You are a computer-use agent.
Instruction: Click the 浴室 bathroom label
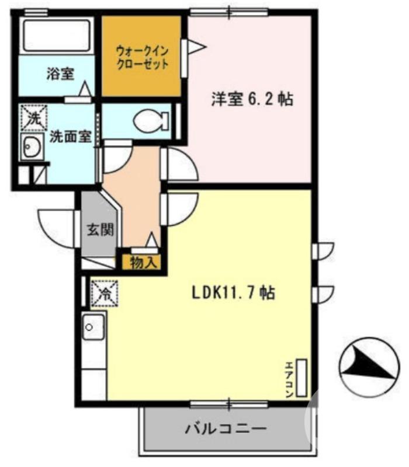point(60,74)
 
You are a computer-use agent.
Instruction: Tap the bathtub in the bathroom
point(56,36)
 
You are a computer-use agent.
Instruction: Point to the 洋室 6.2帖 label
point(252,99)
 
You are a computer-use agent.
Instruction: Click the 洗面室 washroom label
point(70,137)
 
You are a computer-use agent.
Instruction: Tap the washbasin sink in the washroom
point(30,148)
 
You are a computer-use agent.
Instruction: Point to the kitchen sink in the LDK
point(93,327)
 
